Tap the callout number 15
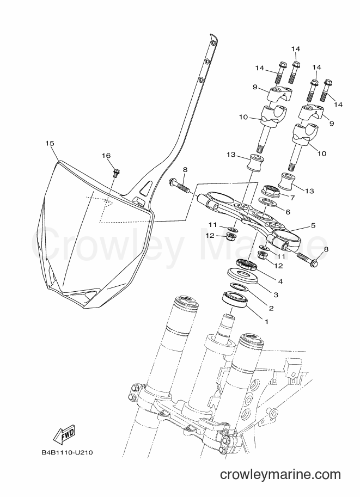tap(50, 143)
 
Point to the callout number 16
tap(106, 155)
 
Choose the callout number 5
tap(313, 225)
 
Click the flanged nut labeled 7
tap(270, 192)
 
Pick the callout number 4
tap(280, 281)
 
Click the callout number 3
tap(276, 295)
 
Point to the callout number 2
tap(271, 308)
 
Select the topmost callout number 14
tap(296, 49)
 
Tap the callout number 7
tap(292, 198)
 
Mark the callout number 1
tap(266, 321)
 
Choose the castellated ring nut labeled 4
tap(247, 265)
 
